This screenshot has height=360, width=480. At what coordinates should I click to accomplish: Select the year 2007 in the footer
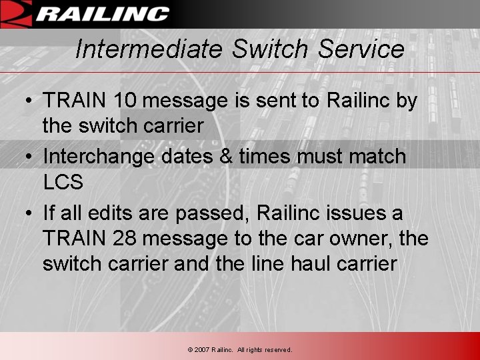pos(201,350)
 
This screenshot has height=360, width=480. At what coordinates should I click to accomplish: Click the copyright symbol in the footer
pos(190,350)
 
